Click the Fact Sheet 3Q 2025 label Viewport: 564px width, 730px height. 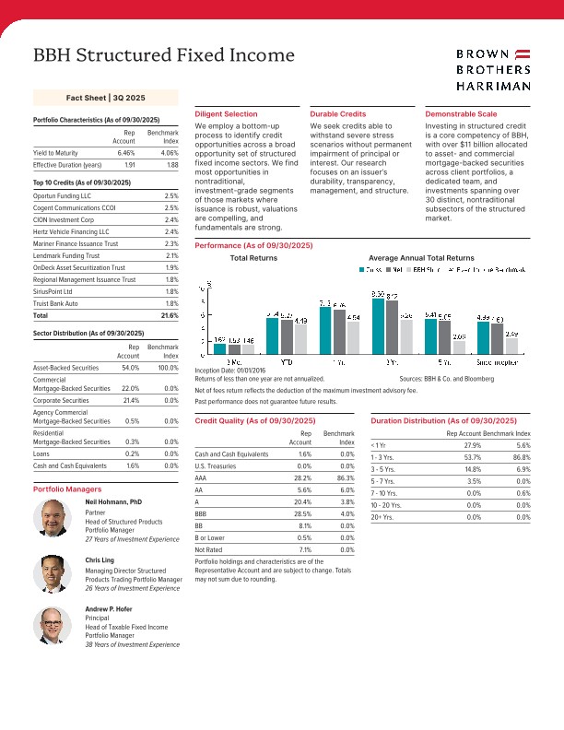(x=106, y=97)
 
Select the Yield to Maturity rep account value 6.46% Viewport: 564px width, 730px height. (x=126, y=152)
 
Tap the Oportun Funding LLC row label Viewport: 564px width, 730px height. (x=62, y=196)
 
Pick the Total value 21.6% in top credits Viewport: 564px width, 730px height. (x=169, y=315)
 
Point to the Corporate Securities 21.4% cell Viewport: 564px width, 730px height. (x=127, y=402)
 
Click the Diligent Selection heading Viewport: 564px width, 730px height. (x=227, y=113)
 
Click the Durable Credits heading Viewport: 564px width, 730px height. (x=338, y=113)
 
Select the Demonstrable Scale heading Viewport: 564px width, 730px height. (x=463, y=113)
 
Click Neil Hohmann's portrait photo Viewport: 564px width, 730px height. (x=51, y=519)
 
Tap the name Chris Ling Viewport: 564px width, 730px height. (x=100, y=559)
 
